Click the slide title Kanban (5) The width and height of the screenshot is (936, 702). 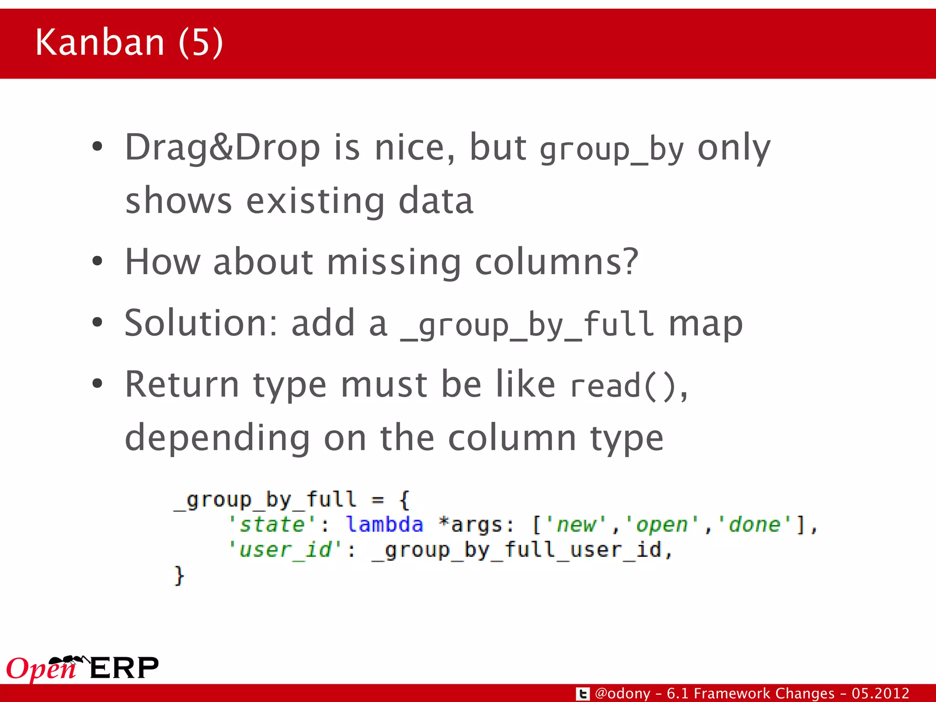[x=129, y=42]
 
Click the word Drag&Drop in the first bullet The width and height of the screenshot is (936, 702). [x=223, y=148]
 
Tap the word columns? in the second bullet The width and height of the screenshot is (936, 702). [x=556, y=262]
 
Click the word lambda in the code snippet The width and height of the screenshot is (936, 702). [x=384, y=524]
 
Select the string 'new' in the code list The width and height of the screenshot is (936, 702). [x=577, y=524]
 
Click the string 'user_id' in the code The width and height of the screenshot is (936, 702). [x=285, y=549]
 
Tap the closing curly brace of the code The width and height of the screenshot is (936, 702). [x=179, y=575]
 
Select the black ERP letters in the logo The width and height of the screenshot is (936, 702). [x=124, y=668]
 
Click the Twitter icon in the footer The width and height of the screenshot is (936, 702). [x=583, y=694]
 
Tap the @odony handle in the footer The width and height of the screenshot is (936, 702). [x=622, y=693]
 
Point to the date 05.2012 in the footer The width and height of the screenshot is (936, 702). [x=880, y=693]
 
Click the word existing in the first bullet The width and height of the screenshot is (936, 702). [x=315, y=201]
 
